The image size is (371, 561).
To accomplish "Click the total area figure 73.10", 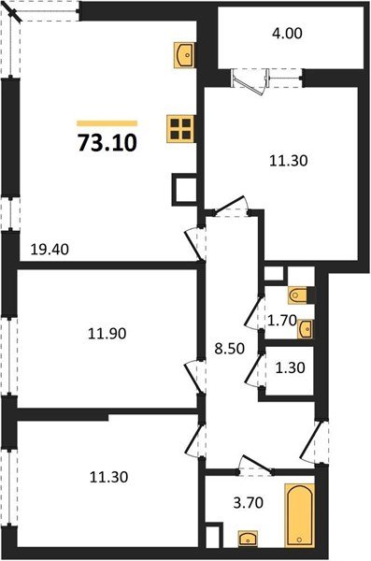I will pos(106,143).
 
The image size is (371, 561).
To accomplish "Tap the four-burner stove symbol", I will pos(180,127).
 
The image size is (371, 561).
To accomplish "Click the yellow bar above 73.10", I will pos(106,122).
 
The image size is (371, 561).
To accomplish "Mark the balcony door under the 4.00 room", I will pos(252,79).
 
